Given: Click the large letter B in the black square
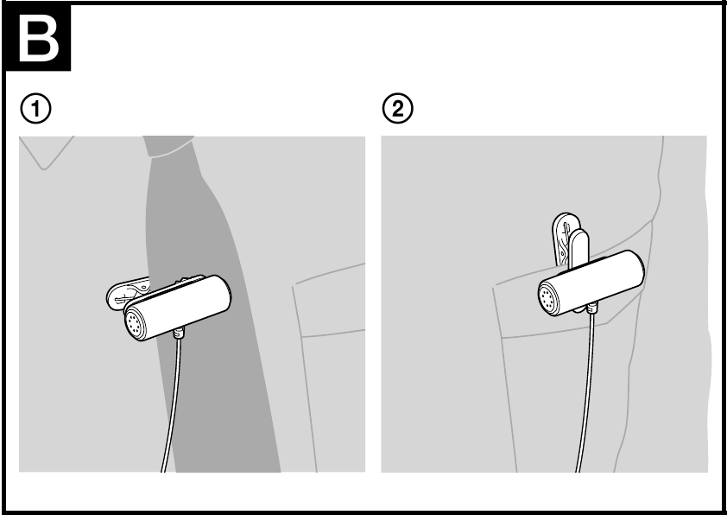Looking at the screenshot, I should [x=38, y=39].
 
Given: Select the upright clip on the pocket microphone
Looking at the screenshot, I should [x=569, y=238].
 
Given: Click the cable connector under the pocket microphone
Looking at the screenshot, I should [x=592, y=307].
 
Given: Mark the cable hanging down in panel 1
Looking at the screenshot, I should [x=170, y=406].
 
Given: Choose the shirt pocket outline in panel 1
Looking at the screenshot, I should [x=328, y=363].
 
